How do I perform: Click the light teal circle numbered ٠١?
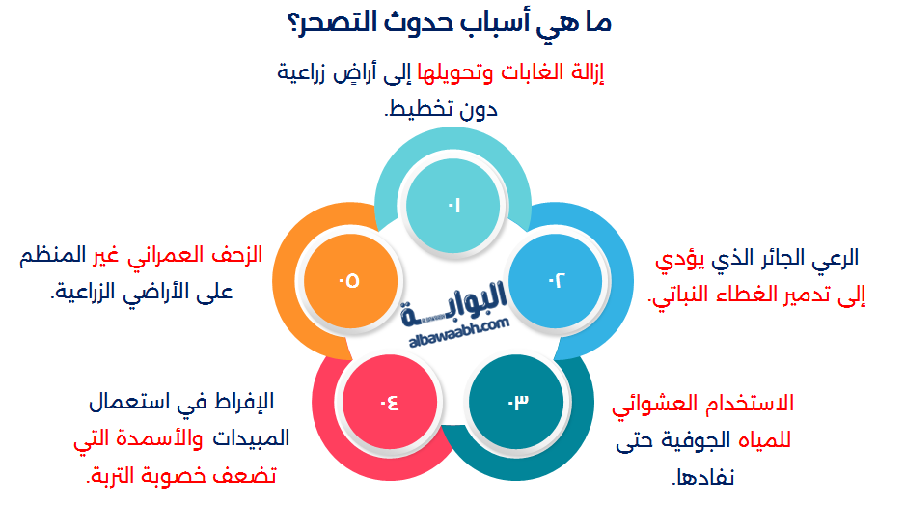453,205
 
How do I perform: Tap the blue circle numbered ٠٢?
556,281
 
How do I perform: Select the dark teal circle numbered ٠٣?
516,402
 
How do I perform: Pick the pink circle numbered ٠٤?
390,402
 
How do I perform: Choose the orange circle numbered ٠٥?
350,281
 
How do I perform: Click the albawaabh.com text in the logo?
459,333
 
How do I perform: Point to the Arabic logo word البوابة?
454,304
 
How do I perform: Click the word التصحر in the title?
331,23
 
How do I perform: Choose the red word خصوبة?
178,476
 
